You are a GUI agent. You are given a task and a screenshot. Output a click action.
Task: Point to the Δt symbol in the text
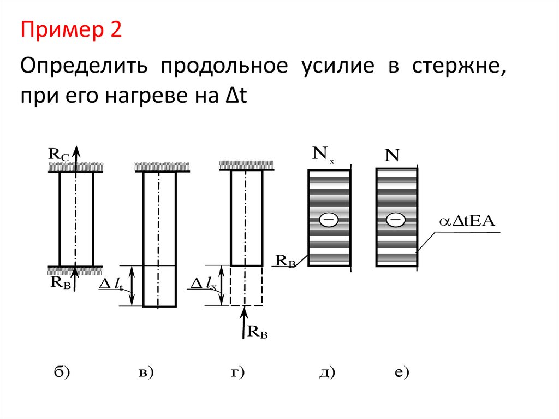235,97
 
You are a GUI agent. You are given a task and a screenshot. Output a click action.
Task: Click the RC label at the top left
58,155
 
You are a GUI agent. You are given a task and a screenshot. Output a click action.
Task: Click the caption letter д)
326,373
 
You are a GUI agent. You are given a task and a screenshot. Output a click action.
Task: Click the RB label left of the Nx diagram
286,261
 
